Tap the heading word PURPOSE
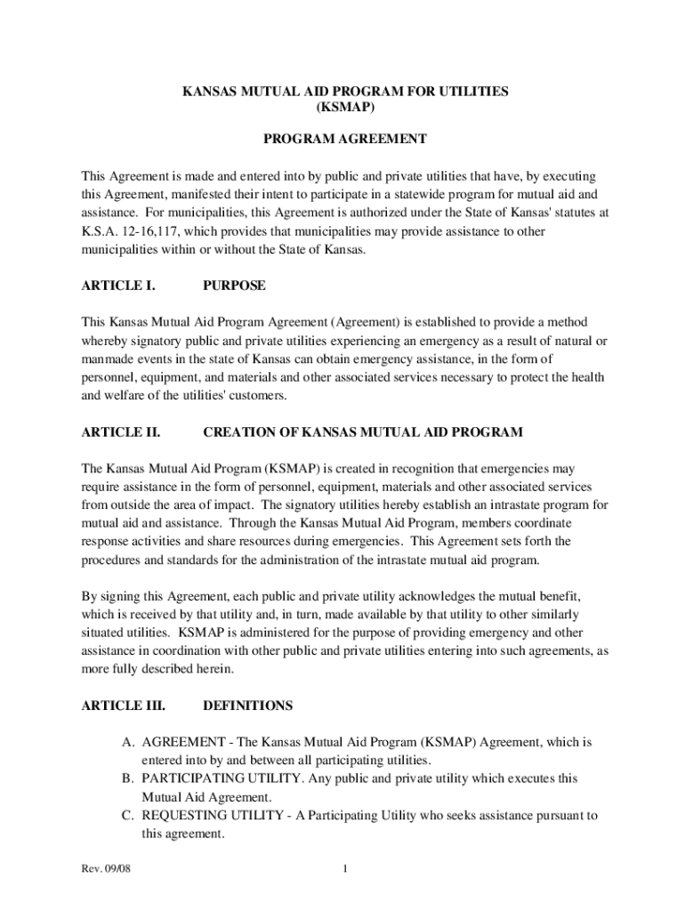coord(235,286)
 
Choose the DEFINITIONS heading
coord(248,705)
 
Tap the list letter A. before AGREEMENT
coord(129,742)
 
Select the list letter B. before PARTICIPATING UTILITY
coord(129,778)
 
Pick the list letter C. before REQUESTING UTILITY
coord(129,816)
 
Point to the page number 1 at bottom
coord(344,868)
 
